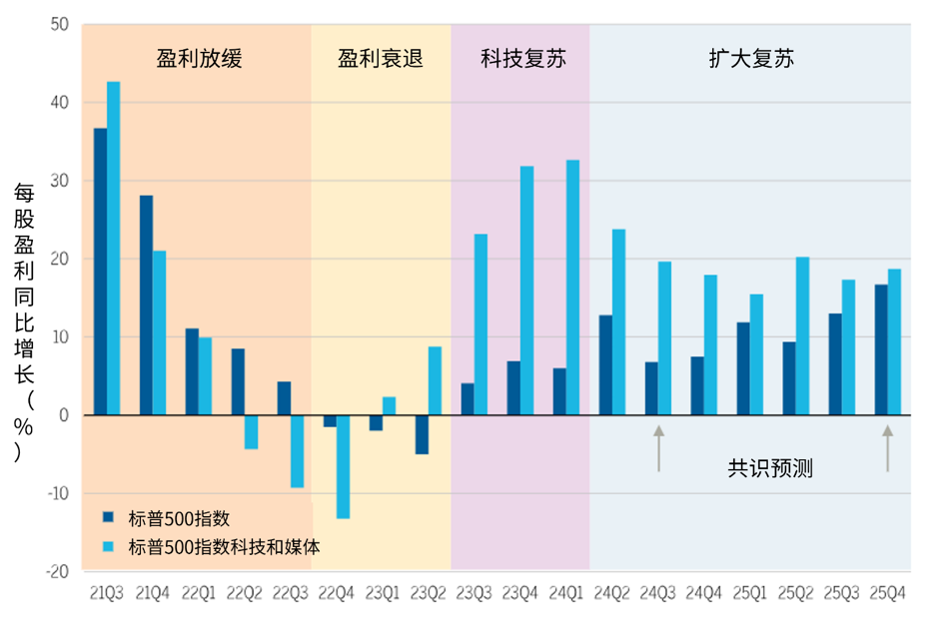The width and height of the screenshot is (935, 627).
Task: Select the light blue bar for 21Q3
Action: pos(114,249)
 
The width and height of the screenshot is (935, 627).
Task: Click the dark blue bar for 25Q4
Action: pos(881,349)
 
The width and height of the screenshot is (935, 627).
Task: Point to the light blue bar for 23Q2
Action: pos(435,380)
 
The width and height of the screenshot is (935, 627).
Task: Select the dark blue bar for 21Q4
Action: pos(146,305)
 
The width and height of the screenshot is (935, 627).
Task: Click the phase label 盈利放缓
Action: pos(199,58)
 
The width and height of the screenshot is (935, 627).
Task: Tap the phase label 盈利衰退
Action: pos(380,58)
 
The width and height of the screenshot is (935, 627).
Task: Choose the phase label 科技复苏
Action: pos(522,58)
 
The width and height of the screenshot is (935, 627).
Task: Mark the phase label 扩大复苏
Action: pos(751,58)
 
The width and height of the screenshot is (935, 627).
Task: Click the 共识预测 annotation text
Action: pos(770,467)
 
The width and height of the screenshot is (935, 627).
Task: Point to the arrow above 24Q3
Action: pos(658,448)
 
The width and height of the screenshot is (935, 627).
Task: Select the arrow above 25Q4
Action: pos(887,448)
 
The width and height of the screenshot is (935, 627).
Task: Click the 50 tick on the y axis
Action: pos(59,24)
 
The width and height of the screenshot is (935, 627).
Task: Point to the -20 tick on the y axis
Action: pos(56,571)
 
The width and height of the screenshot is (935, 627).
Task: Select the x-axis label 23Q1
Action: pos(383,593)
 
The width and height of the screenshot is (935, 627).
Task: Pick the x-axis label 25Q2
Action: pos(795,593)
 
